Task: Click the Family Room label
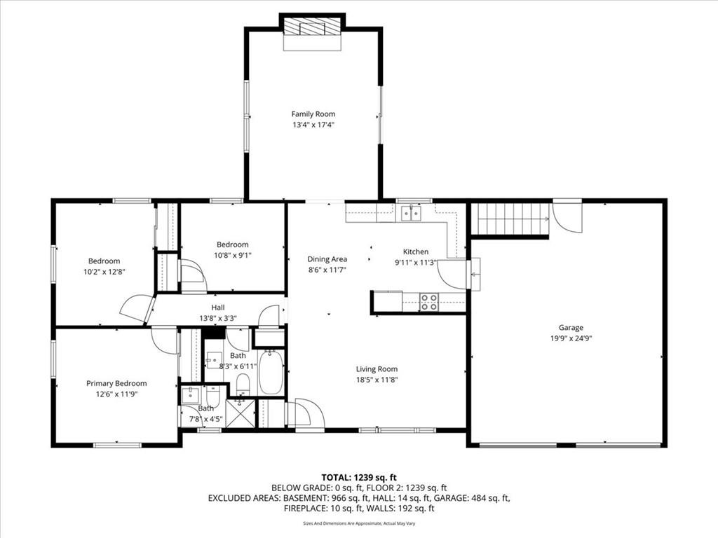[313, 114]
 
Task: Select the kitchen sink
[412, 213]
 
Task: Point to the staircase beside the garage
[510, 219]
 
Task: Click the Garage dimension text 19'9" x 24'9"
[571, 338]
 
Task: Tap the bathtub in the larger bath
[271, 372]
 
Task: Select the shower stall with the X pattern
[241, 413]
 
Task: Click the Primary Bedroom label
[117, 383]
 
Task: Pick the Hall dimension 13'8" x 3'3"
[218, 319]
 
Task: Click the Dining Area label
[327, 259]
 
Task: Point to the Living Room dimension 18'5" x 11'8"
[377, 379]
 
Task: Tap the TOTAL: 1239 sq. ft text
[359, 478]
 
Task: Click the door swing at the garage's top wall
[567, 216]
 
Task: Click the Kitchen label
[416, 251]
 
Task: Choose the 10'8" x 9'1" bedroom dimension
[233, 255]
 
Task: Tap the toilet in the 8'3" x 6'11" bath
[243, 383]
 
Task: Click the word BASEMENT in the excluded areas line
[305, 498]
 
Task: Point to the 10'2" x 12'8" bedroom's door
[136, 309]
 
